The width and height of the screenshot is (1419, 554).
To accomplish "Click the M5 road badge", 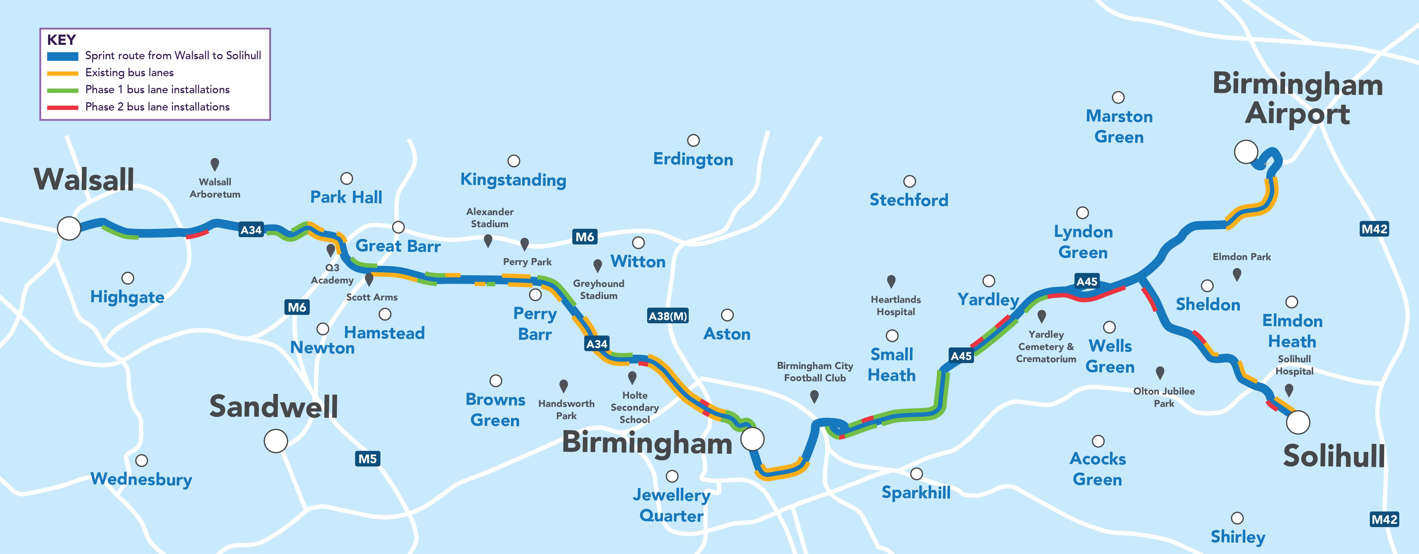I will point(367,459).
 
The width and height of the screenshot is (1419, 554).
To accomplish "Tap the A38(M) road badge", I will point(668,316).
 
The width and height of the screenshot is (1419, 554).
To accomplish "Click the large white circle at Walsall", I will point(69,228).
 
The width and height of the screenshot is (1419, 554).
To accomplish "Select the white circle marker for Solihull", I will point(1298,422).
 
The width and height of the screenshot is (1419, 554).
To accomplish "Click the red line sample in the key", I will point(63,107).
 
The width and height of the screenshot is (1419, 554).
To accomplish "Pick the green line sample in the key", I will point(63,90).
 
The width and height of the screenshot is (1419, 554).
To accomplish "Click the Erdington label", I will point(693,159).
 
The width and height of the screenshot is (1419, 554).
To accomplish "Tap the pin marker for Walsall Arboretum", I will point(215,164).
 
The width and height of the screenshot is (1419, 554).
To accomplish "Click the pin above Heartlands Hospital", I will point(891,281).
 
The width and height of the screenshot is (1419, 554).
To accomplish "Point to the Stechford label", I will point(909,200).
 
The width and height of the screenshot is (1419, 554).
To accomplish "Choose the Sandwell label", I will point(273,407).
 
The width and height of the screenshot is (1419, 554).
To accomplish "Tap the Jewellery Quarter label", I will point(672,505).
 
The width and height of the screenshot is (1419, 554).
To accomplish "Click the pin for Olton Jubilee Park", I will point(1159,373).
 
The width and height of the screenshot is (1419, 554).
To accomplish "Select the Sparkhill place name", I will point(916,492).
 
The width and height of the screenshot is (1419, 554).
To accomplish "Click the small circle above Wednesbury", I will point(142,460).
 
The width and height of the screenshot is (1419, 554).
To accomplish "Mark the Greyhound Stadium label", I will point(599,289).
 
